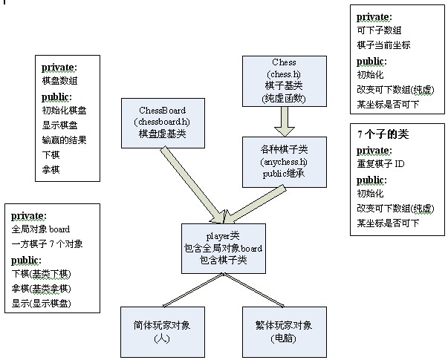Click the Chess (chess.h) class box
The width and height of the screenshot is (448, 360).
(285, 81)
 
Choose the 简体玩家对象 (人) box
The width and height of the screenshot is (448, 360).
(162, 331)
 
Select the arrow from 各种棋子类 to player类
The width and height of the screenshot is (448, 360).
(257, 200)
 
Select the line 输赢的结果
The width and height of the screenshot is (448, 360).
(65, 140)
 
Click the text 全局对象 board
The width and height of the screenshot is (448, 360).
(41, 229)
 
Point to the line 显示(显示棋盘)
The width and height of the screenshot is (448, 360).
(46, 304)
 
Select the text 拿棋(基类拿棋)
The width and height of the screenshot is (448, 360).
(42, 288)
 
